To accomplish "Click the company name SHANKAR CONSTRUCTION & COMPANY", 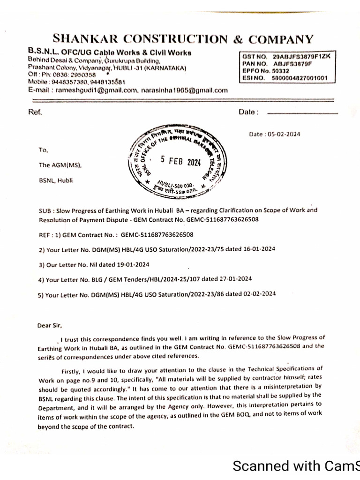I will coord(183,39).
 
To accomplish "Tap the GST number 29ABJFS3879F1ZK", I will coord(301,56).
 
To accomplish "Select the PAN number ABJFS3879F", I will coord(292,63).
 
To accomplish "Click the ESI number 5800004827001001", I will coord(300,77).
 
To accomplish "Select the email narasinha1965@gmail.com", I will coord(185,90).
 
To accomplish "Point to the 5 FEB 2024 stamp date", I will coord(180,161).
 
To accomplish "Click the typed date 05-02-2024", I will coord(284,135).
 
